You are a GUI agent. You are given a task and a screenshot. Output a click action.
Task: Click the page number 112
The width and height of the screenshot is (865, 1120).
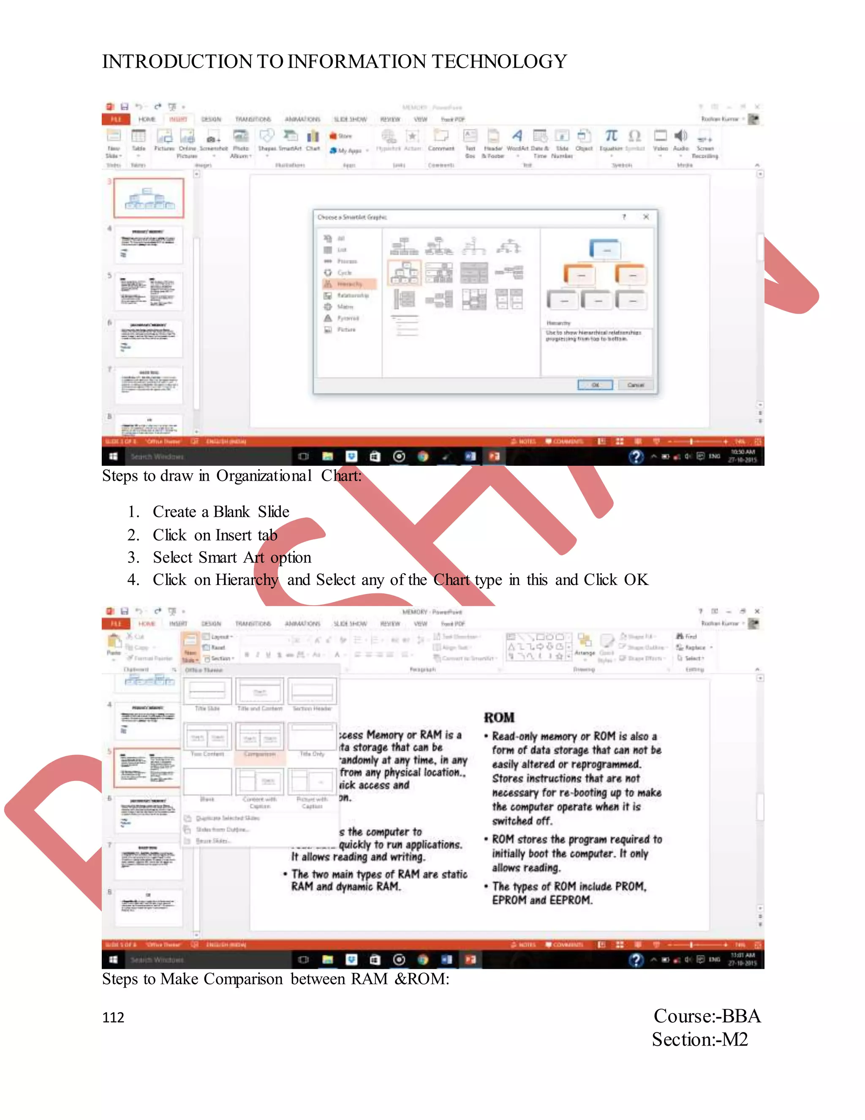pyautogui.click(x=113, y=1017)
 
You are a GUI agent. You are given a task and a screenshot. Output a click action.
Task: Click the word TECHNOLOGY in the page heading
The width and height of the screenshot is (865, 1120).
pyautogui.click(x=500, y=62)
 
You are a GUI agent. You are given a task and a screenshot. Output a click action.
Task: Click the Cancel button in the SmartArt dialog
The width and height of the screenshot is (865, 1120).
pyautogui.click(x=635, y=385)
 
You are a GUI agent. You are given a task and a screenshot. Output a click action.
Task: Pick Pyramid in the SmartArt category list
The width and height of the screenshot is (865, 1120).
pyautogui.click(x=348, y=318)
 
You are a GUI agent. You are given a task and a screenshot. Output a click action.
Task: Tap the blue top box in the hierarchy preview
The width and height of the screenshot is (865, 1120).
pyautogui.click(x=605, y=250)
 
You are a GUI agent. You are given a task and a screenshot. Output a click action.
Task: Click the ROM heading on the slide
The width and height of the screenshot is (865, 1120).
pyautogui.click(x=499, y=718)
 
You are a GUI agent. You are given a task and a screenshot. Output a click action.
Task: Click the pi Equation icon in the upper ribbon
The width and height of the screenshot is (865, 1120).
pyautogui.click(x=611, y=136)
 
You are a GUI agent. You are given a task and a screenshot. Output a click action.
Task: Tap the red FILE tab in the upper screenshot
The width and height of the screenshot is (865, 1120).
pyautogui.click(x=116, y=119)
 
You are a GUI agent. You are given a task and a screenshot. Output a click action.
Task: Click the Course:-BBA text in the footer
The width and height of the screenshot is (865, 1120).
pyautogui.click(x=707, y=1016)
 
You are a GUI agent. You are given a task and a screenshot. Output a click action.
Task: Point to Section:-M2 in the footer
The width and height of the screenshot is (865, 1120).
pyautogui.click(x=699, y=1040)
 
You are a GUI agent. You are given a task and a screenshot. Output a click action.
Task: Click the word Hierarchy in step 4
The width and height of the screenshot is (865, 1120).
pyautogui.click(x=247, y=579)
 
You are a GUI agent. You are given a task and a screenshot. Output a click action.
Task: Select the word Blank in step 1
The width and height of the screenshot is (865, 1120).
pyautogui.click(x=231, y=511)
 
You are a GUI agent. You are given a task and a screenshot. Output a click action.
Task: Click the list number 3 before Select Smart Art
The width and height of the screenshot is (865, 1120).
pyautogui.click(x=133, y=557)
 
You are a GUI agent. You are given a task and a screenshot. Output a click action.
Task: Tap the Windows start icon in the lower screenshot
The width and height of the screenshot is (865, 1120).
pyautogui.click(x=113, y=959)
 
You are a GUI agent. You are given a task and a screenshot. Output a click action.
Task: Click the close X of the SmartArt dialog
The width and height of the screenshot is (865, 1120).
pyautogui.click(x=646, y=217)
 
